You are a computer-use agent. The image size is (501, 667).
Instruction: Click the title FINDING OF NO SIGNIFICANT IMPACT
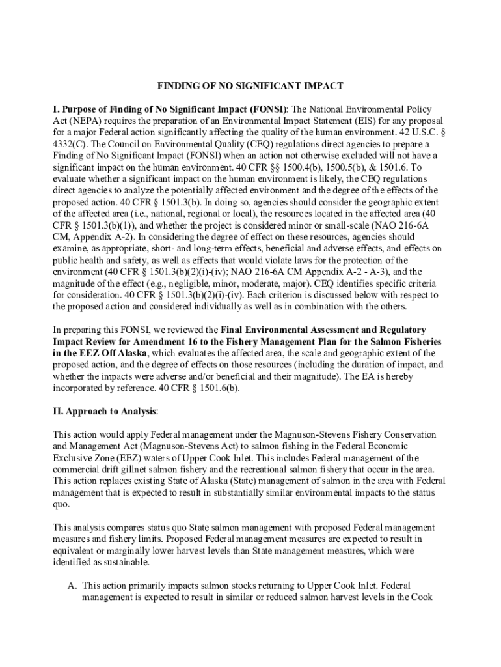click(x=250, y=85)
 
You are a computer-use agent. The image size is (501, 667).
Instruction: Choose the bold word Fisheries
click(x=420, y=341)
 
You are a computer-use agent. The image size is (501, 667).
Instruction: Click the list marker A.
click(x=72, y=586)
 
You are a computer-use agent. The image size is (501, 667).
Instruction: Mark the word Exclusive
click(x=75, y=457)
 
